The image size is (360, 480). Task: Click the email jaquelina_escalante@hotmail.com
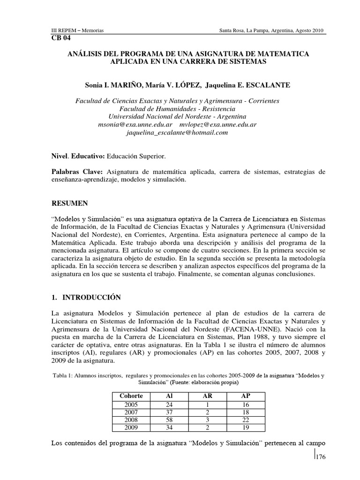pyautogui.click(x=177, y=133)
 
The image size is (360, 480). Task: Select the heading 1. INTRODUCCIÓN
pyautogui.click(x=85, y=298)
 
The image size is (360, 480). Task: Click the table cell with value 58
pyautogui.click(x=169, y=420)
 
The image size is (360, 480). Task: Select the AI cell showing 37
pyautogui.click(x=169, y=412)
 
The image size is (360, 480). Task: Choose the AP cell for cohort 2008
pyautogui.click(x=244, y=420)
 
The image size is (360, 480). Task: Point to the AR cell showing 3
pyautogui.click(x=207, y=420)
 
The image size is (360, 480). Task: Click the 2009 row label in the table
pyautogui.click(x=132, y=428)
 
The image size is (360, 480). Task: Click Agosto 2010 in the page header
pyautogui.click(x=309, y=30)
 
